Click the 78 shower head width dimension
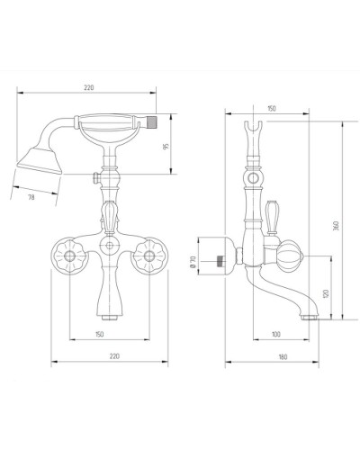click(x=31, y=197)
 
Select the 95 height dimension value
click(x=166, y=147)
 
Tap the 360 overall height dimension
click(x=337, y=226)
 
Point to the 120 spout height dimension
click(x=327, y=293)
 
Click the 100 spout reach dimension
click(x=275, y=334)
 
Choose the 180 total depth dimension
click(x=283, y=357)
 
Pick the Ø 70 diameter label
click(x=193, y=261)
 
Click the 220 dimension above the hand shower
click(x=89, y=87)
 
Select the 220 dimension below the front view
click(x=114, y=356)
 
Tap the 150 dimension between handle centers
click(x=99, y=334)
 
